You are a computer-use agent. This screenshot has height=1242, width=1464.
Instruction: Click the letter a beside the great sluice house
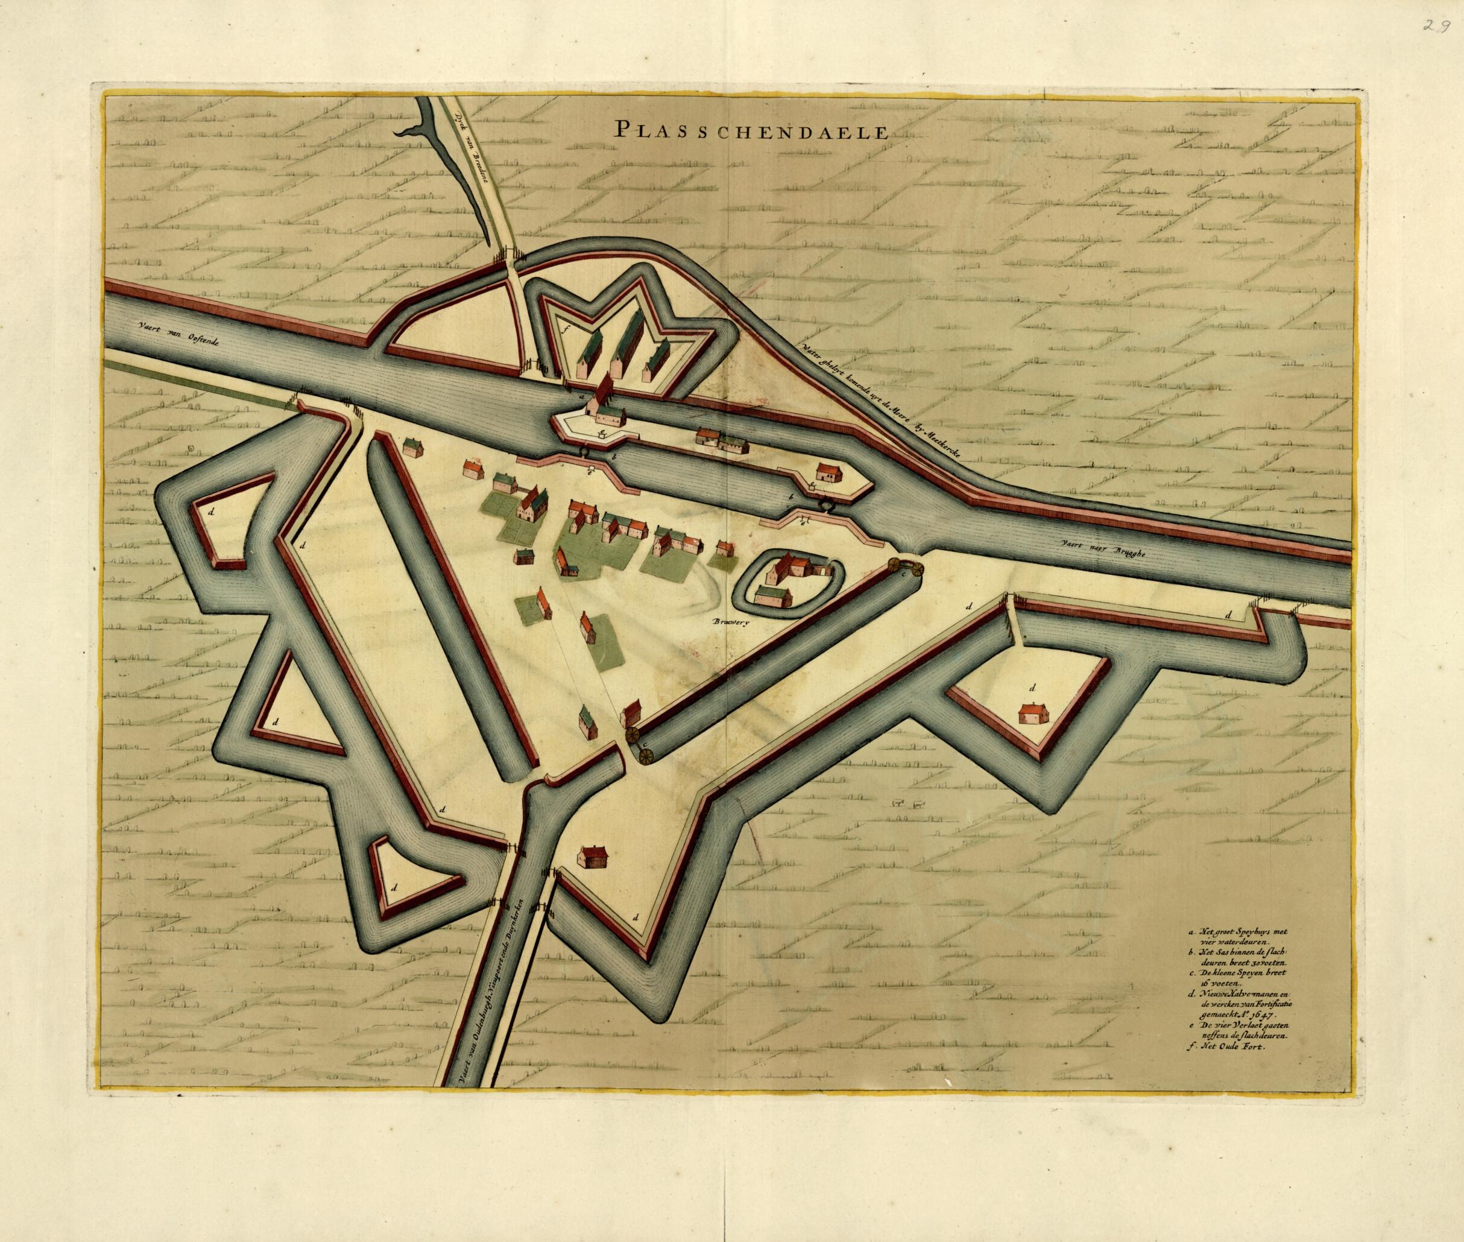point(581,396)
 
